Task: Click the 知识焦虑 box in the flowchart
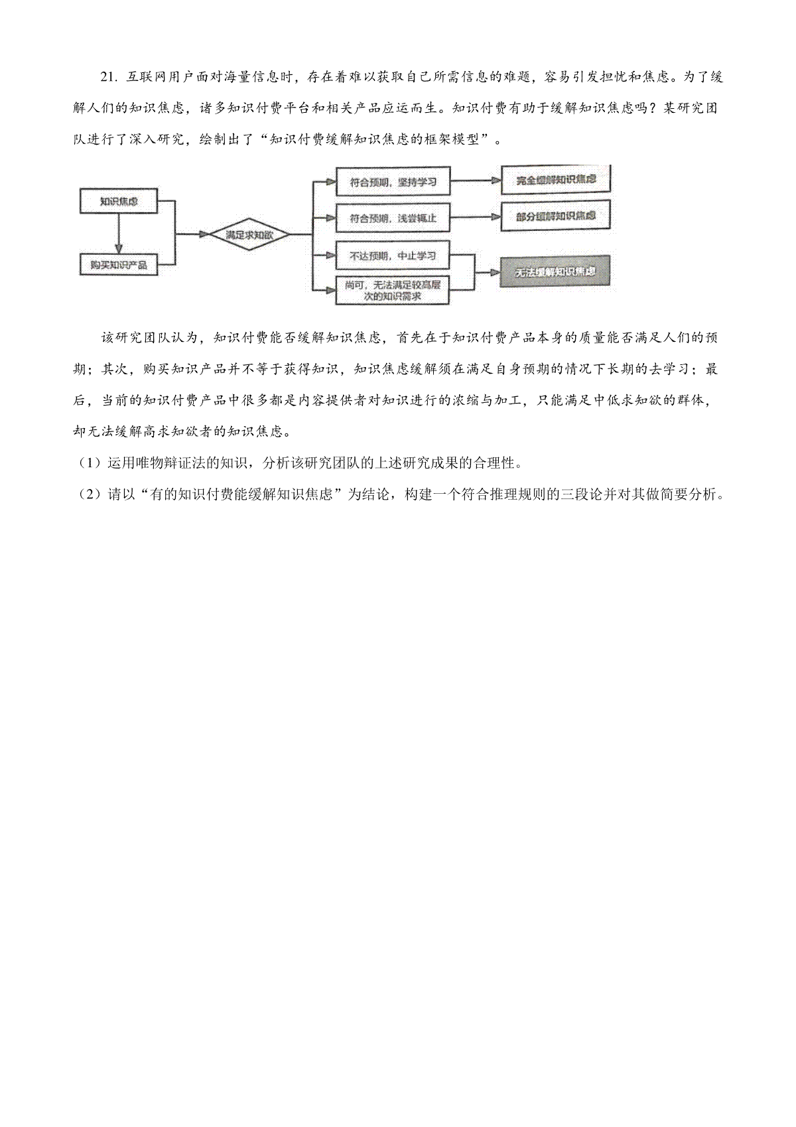coord(119,201)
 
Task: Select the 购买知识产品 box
coord(119,265)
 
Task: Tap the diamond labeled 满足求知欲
coord(249,234)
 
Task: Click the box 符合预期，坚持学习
coord(393,182)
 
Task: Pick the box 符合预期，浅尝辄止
coord(393,218)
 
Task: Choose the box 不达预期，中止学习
coord(392,256)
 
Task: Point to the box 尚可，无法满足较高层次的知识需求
coord(392,291)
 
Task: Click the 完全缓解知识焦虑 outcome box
coord(556,180)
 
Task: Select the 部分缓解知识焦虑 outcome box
coord(556,216)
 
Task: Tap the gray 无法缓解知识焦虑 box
coord(555,272)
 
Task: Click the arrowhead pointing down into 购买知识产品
coord(119,250)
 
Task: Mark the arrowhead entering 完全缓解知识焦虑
coord(496,180)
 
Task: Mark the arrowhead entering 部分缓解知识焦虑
coord(496,217)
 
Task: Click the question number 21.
coord(109,77)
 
